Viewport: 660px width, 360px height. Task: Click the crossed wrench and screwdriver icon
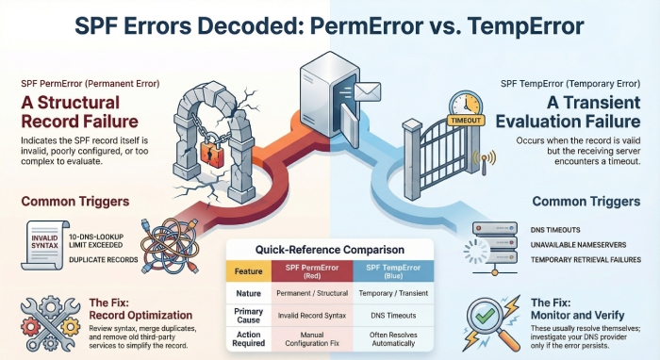(44, 317)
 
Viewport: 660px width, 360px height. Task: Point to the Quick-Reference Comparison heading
(331, 250)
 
